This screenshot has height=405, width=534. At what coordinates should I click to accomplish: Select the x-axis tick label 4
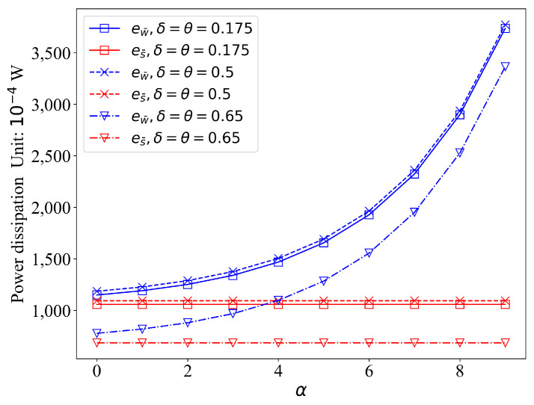[x=278, y=370]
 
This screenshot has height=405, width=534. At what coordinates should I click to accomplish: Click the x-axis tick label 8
[x=459, y=370]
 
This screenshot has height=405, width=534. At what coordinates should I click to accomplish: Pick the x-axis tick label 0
[x=96, y=370]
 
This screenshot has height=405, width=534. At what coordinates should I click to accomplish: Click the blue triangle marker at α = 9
[x=505, y=67]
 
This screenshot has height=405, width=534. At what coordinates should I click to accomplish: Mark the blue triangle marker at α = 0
[x=96, y=333]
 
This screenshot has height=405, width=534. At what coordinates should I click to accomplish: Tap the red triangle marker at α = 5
[x=324, y=342]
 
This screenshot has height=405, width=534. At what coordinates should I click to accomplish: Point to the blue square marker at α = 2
[x=188, y=284]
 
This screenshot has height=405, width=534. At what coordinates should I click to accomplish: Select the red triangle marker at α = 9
[x=505, y=342]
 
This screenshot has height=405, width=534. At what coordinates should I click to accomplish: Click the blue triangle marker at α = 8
[x=459, y=152]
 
